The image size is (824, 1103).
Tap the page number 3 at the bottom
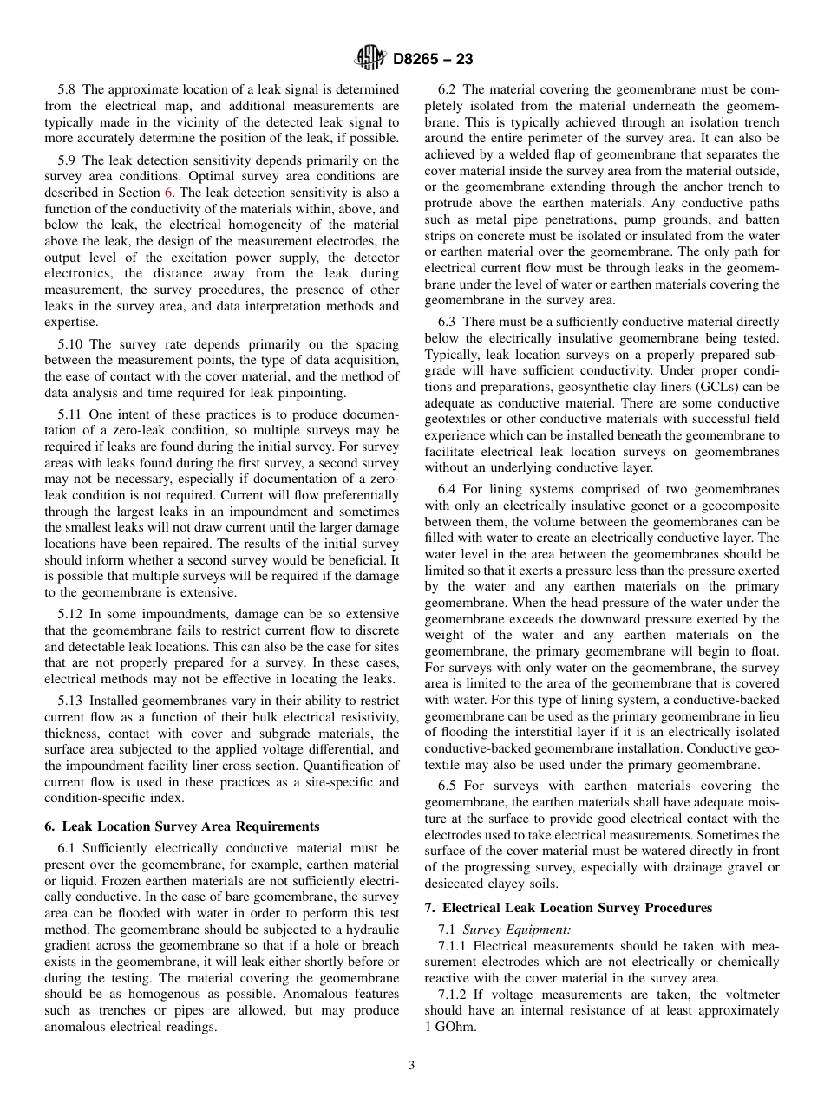tap(411, 1066)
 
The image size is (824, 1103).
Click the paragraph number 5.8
tap(68, 89)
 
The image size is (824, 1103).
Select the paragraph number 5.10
tap(71, 344)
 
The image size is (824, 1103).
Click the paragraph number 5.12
tap(71, 614)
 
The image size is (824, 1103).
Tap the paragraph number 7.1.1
tap(454, 946)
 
